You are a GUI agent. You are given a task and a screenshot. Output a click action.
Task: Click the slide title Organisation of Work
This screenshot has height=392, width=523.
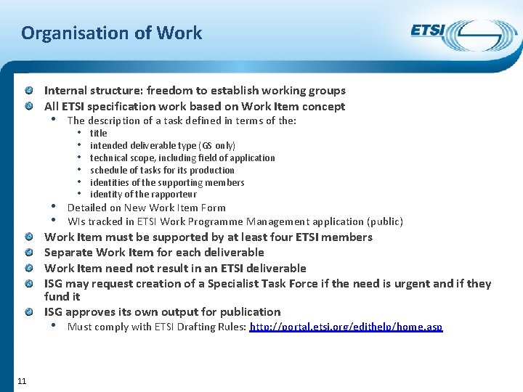coord(111,33)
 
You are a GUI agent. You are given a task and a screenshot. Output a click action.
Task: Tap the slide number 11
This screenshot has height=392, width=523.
coord(22,381)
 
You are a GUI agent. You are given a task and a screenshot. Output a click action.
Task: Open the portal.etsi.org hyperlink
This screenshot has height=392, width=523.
coord(346,327)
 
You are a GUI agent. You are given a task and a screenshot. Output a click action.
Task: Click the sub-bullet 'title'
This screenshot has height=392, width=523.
coord(98,134)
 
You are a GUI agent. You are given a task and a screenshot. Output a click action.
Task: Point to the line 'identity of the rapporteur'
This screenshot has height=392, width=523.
coord(143,195)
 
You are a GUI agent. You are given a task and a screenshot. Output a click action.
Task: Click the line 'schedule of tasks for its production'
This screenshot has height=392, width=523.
coord(162,170)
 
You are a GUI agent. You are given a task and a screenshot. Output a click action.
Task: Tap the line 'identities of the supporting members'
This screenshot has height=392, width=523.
coord(167,182)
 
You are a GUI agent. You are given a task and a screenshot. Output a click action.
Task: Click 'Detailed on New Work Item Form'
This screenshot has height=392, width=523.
coord(146,208)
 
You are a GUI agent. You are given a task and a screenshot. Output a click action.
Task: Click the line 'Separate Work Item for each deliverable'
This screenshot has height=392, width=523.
coord(154,253)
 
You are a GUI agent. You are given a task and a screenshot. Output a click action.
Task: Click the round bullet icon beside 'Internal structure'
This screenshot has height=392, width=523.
coord(28,91)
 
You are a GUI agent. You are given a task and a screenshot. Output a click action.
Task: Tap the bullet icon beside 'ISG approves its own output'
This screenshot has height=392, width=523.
coord(28,312)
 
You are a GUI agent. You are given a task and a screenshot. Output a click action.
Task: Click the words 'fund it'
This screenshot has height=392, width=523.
coord(62,297)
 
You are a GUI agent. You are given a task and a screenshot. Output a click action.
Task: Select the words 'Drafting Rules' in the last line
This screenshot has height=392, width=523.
coord(216,327)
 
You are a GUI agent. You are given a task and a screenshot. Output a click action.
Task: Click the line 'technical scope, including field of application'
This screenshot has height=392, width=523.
coord(182,158)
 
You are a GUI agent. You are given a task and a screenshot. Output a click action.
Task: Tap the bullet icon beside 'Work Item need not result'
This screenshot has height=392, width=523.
coord(28,269)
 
